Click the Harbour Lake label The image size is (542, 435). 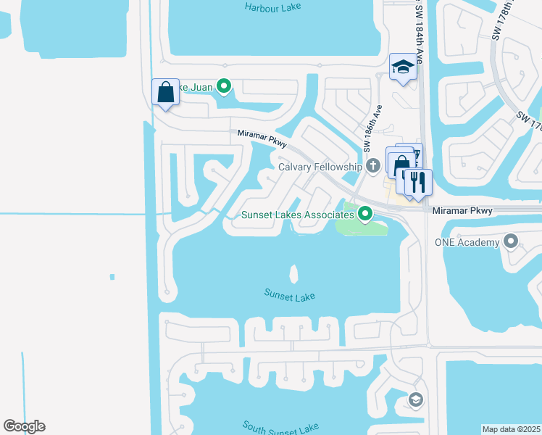pyautogui.click(x=272, y=7)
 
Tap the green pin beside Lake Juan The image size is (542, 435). pyautogui.click(x=224, y=87)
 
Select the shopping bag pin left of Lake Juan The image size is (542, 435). pyautogui.click(x=165, y=93)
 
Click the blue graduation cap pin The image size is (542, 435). pyautogui.click(x=402, y=68)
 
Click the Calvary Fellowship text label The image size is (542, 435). pyautogui.click(x=320, y=167)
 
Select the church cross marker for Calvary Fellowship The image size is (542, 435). pyautogui.click(x=373, y=166)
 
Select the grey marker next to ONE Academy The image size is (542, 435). pyautogui.click(x=512, y=241)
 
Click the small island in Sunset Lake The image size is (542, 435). pyautogui.click(x=293, y=273)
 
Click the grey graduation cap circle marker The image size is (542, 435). pyautogui.click(x=415, y=399)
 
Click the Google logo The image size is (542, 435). pyautogui.click(x=24, y=426)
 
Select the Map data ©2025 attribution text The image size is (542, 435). pyautogui.click(x=512, y=429)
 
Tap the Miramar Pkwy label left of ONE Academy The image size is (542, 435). pyautogui.click(x=462, y=211)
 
